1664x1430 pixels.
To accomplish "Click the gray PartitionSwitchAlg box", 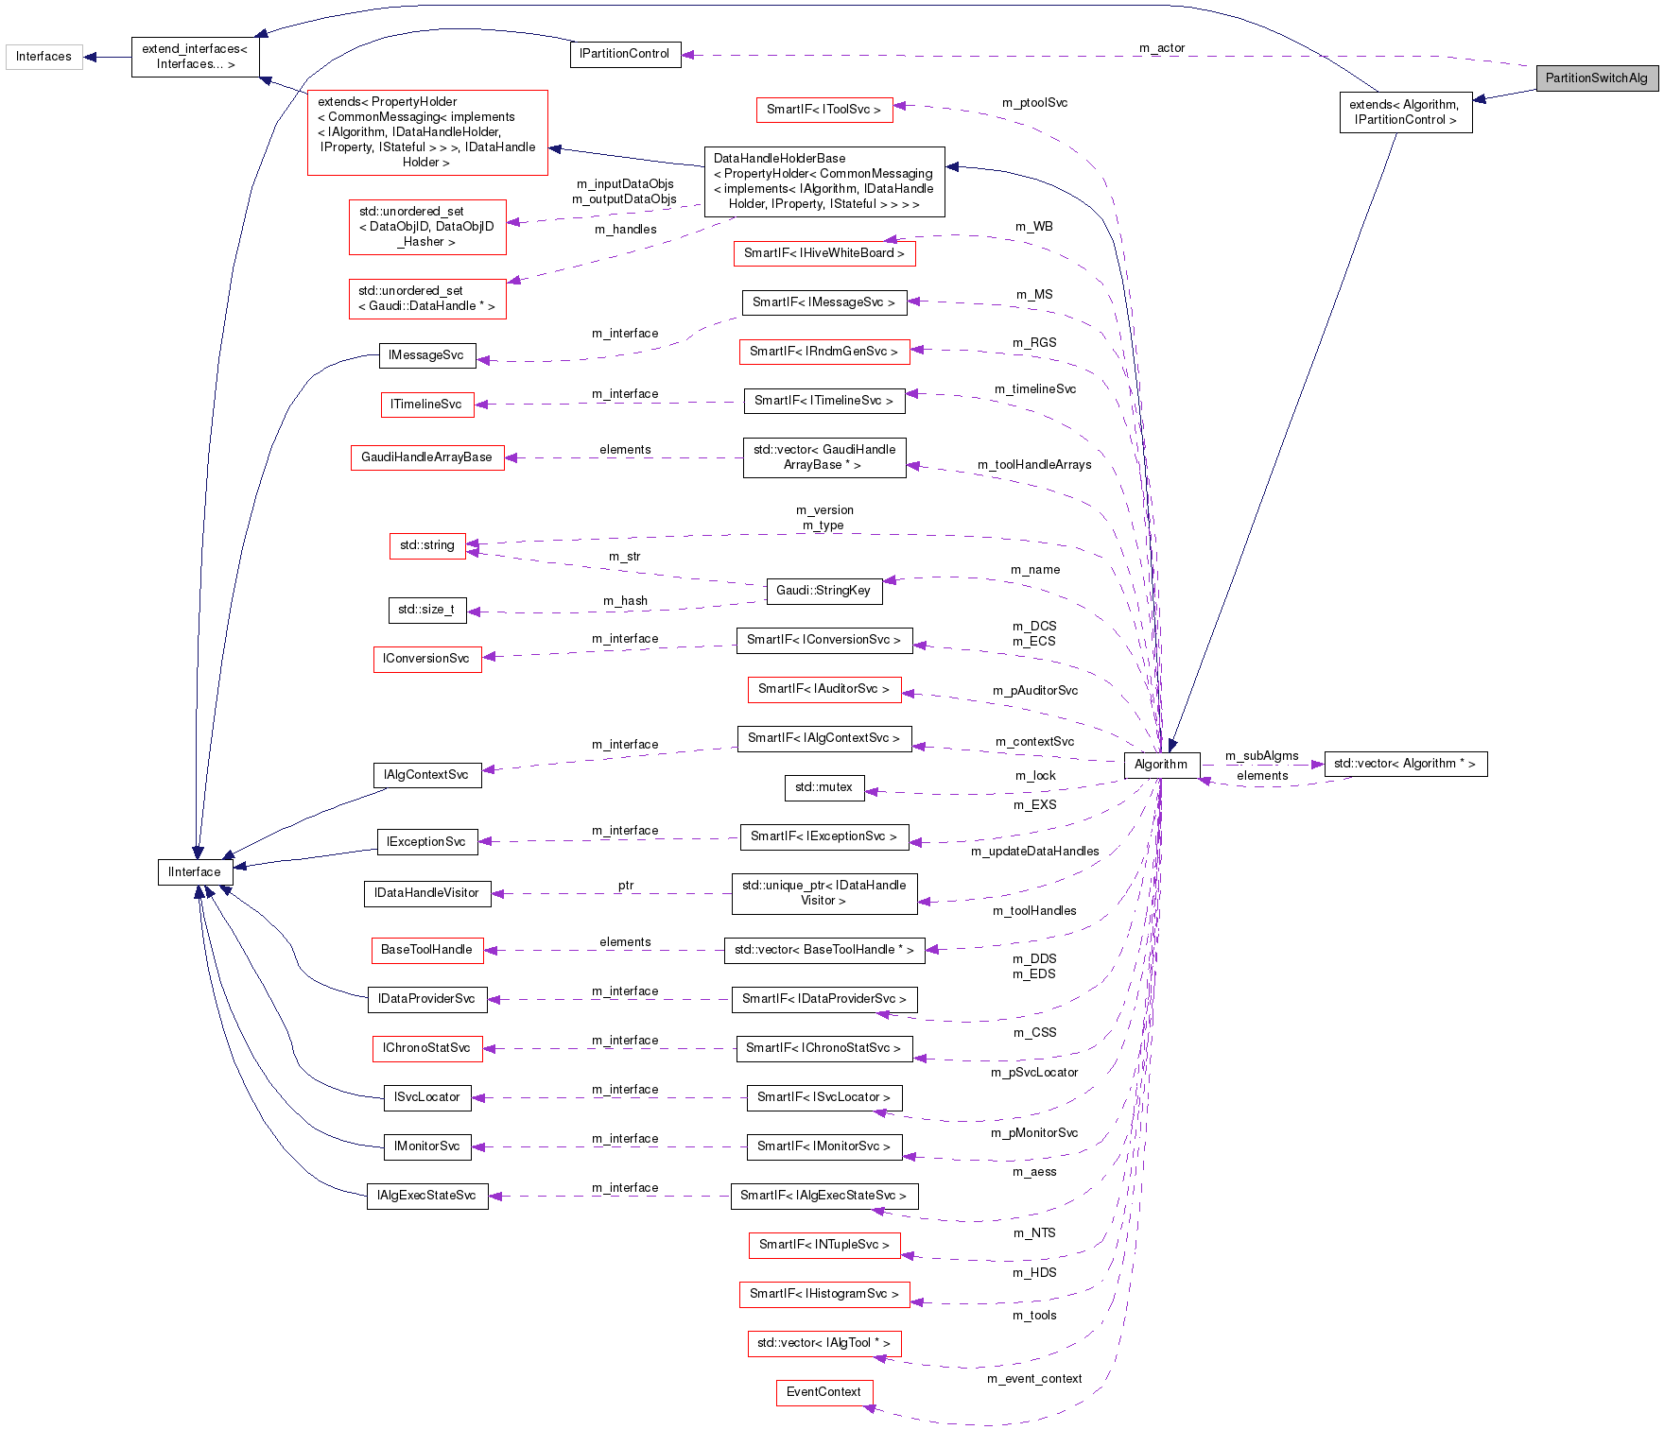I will tap(1596, 78).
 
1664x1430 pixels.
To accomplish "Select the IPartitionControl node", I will tap(624, 54).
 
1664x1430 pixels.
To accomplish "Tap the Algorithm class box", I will tap(1161, 765).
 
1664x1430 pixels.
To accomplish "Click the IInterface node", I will tap(195, 872).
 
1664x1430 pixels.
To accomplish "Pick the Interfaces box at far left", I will tap(43, 57).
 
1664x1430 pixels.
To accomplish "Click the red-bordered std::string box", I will tap(427, 545).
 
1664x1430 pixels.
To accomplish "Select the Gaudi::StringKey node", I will tap(823, 591).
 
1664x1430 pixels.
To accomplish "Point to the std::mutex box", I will tap(823, 787).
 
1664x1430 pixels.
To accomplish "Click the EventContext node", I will tap(823, 1392).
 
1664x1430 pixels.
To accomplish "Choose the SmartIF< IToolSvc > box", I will tap(823, 110).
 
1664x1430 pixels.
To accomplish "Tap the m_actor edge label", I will tap(1161, 48).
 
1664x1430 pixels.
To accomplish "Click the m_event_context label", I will tap(1034, 1379).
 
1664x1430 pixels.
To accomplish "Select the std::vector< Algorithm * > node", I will tap(1405, 764).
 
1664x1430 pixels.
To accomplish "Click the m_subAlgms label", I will tap(1261, 756).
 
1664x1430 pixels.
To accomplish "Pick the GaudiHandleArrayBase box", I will tap(426, 457).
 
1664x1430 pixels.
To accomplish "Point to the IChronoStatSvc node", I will tap(426, 1048).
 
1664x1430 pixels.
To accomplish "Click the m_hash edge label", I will tap(625, 601).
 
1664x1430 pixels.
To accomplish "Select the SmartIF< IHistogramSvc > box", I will tap(823, 1294).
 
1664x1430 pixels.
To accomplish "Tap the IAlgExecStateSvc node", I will tap(426, 1196).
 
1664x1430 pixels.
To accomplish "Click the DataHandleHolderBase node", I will tap(823, 181).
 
